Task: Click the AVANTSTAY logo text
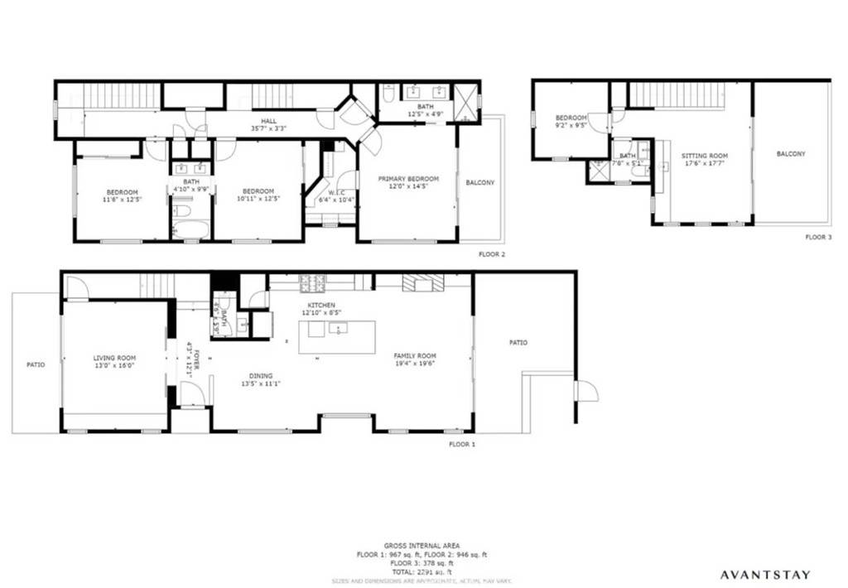764,574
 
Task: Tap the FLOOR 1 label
462,445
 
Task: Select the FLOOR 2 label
492,254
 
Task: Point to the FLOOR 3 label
817,237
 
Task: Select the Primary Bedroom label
408,179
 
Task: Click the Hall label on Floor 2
269,121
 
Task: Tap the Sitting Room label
704,156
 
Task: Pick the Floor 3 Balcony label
791,154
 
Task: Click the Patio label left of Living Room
36,364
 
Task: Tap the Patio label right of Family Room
518,342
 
